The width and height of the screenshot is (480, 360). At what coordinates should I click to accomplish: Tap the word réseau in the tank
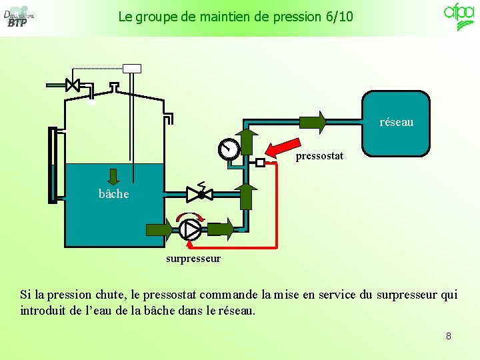click(396, 122)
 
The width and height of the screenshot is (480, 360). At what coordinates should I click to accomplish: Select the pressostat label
click(319, 156)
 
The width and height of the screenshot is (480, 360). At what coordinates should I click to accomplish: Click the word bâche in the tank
click(113, 194)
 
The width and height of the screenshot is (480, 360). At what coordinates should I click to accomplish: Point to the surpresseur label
click(193, 258)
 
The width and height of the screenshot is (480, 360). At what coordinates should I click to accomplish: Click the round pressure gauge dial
click(229, 149)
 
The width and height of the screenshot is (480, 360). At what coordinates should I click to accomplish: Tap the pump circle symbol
click(190, 229)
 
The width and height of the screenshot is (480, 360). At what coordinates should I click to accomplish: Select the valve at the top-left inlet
click(73, 85)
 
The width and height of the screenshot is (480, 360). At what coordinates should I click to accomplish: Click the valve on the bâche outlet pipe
click(199, 194)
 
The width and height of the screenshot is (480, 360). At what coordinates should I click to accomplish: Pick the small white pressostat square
click(260, 162)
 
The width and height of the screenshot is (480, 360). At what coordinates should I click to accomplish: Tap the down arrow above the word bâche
click(113, 177)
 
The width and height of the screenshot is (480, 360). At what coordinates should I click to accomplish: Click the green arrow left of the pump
click(159, 229)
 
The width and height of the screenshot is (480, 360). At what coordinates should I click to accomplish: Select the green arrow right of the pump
click(221, 229)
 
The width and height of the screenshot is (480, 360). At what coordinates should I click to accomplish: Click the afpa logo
click(459, 16)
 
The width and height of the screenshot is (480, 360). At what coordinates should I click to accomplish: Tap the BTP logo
click(18, 17)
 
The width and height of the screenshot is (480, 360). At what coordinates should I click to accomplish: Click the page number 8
click(448, 336)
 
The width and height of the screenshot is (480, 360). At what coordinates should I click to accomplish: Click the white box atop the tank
click(132, 67)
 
